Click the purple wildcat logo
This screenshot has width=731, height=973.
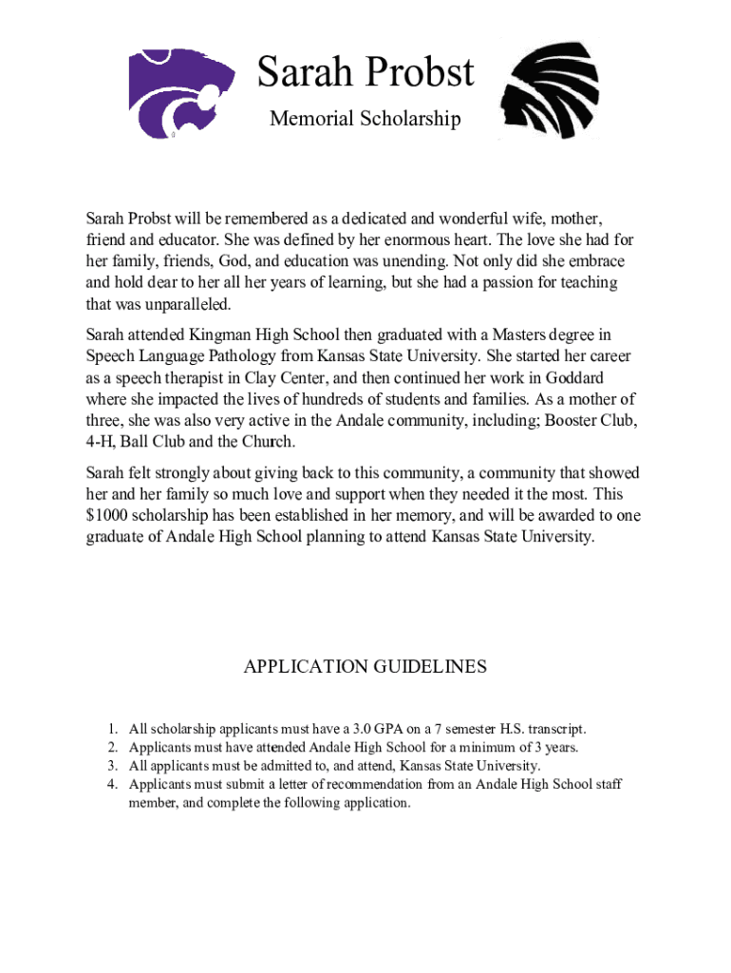point(188,92)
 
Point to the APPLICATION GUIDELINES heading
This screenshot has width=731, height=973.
point(365,667)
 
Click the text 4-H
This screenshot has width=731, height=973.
point(100,442)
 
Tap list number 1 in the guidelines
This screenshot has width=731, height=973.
point(111,730)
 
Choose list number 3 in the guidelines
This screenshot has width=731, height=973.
point(111,766)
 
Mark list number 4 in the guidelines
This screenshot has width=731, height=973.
point(111,784)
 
